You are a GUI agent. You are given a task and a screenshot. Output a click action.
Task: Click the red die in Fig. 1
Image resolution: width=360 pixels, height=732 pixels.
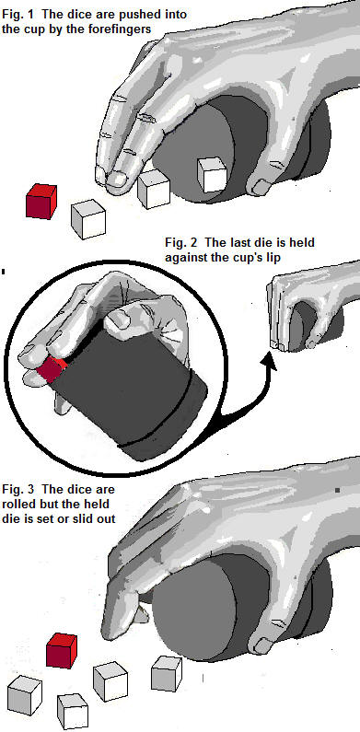[x=41, y=202]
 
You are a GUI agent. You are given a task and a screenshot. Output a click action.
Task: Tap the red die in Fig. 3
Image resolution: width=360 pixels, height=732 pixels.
[x=61, y=650]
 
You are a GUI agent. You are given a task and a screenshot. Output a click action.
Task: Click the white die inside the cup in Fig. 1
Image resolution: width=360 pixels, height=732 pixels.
[x=212, y=174]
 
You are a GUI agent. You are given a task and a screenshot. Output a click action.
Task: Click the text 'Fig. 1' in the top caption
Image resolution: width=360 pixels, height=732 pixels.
[x=15, y=15]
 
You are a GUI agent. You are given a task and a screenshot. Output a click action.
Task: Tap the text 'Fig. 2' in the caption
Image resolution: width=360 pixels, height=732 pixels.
[x=179, y=243]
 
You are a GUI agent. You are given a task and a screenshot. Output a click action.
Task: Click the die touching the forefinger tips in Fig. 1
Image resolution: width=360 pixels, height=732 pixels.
[x=154, y=189]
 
